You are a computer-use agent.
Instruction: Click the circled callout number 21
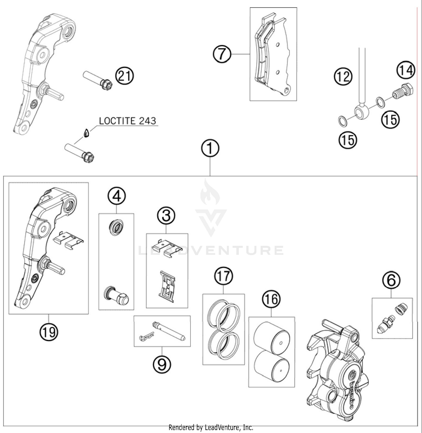[125, 76]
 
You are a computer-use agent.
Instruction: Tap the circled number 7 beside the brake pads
[222, 54]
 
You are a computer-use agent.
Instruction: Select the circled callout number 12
[343, 76]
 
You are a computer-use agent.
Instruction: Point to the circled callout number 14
[406, 70]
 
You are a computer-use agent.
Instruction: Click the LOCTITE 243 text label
[127, 121]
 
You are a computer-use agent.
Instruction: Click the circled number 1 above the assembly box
[210, 148]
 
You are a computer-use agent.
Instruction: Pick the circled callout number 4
[117, 196]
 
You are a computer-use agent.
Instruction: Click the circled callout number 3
[166, 216]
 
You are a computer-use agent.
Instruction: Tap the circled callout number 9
[162, 364]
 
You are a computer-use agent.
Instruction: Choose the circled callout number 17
[224, 276]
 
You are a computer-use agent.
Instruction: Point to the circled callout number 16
[271, 299]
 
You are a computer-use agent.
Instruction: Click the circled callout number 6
[391, 280]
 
